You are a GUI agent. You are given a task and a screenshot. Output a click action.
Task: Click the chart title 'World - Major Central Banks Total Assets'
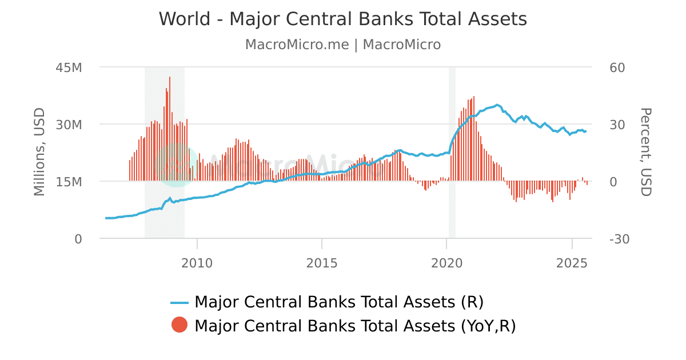pyautogui.click(x=342, y=19)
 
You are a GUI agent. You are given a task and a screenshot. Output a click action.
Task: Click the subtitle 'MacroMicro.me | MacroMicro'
pyautogui.click(x=342, y=45)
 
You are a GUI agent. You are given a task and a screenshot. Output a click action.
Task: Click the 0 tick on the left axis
pyautogui.click(x=78, y=239)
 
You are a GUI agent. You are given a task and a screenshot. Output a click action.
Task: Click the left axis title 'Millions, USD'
pyautogui.click(x=39, y=151)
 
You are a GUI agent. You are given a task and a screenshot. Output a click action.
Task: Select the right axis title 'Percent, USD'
pyautogui.click(x=645, y=151)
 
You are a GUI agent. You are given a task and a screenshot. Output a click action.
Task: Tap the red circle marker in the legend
pyautogui.click(x=179, y=325)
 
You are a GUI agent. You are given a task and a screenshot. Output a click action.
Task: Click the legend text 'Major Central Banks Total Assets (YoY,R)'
pyautogui.click(x=355, y=326)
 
